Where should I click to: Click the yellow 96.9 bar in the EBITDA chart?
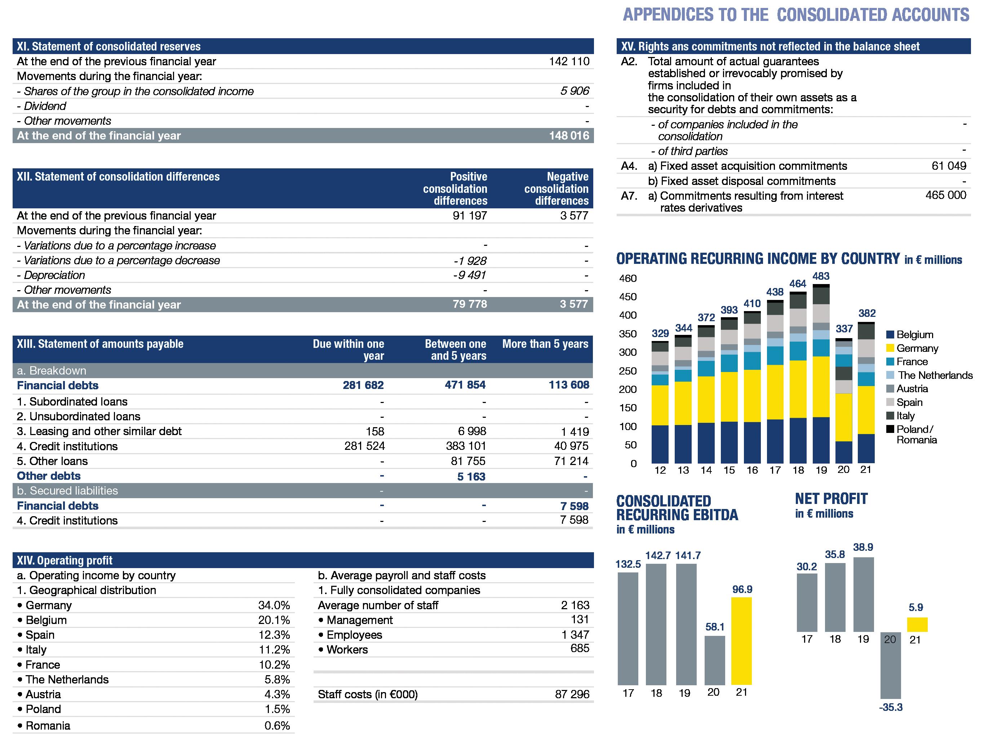click(x=741, y=641)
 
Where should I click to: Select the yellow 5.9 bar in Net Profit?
click(x=917, y=624)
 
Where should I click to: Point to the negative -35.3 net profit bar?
click(x=890, y=665)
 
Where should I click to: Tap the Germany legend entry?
click(x=917, y=348)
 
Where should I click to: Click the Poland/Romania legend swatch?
click(x=890, y=429)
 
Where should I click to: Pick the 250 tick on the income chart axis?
click(x=628, y=371)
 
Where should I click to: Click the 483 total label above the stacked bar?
click(x=821, y=276)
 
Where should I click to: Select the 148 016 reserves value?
click(x=569, y=136)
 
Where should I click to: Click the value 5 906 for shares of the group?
click(x=575, y=91)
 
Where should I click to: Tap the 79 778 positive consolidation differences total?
click(x=470, y=304)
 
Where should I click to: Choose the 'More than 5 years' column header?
click(x=545, y=344)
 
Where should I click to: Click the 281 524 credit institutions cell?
click(x=364, y=446)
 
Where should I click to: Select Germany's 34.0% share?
click(x=274, y=605)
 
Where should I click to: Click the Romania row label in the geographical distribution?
click(x=48, y=726)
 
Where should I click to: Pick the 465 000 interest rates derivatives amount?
click(x=946, y=195)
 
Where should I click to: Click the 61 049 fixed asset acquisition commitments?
click(x=949, y=166)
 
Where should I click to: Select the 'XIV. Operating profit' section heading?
click(x=65, y=561)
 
